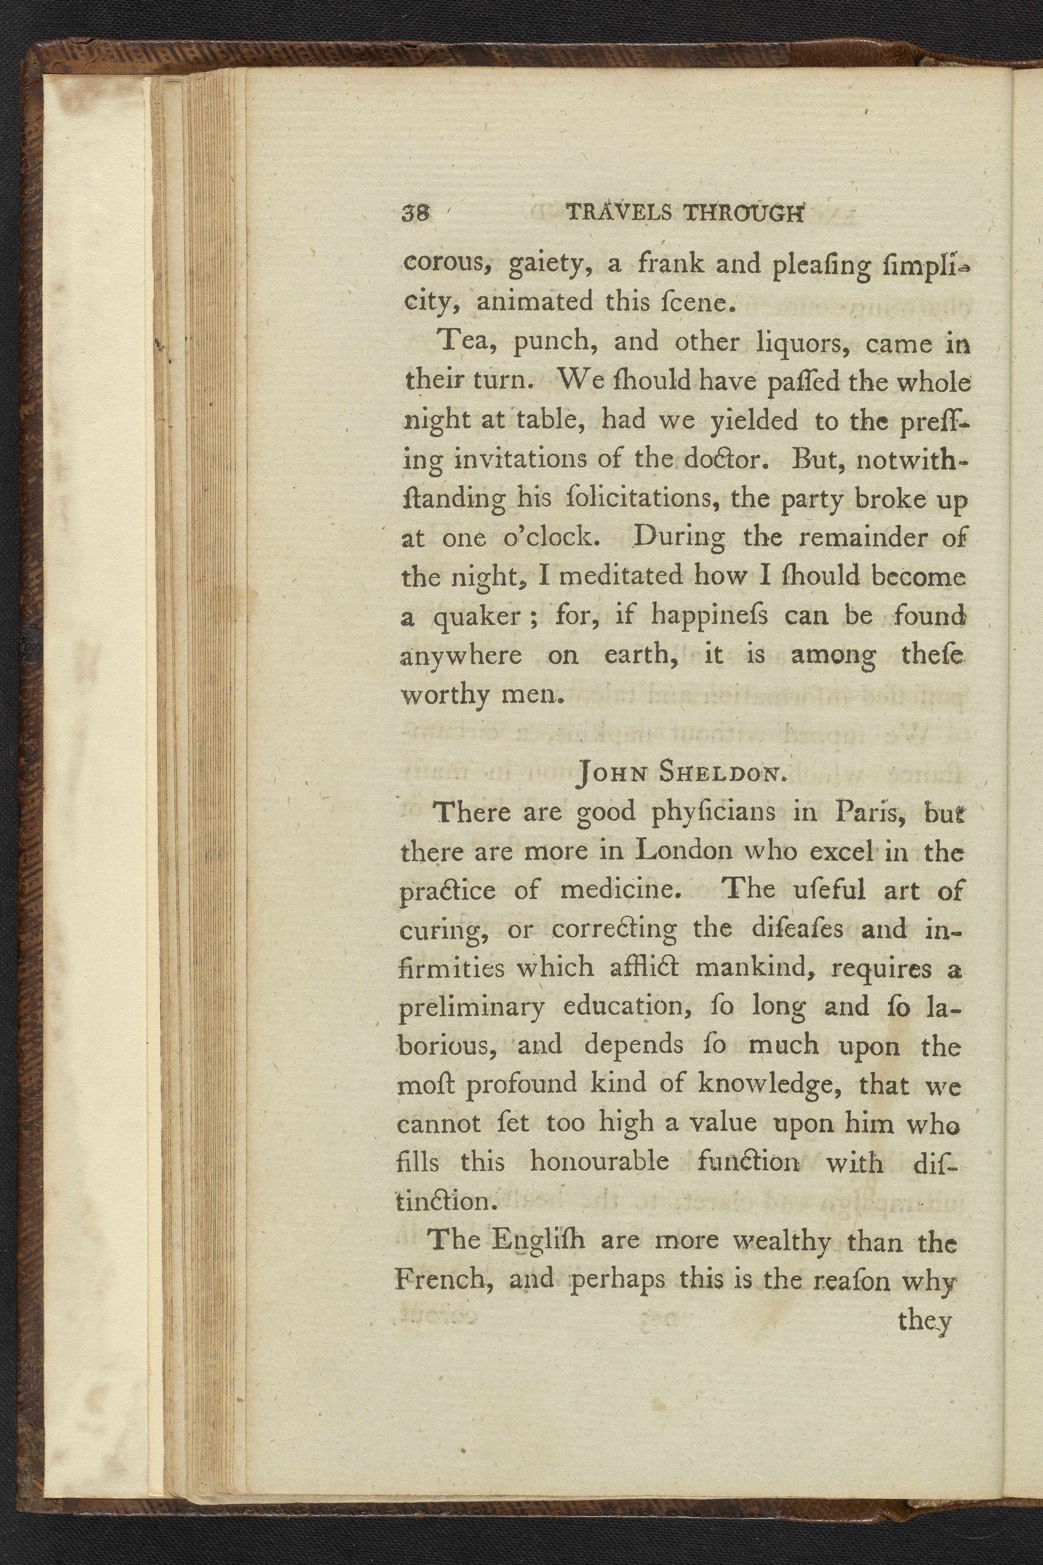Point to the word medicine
tap(621, 890)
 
